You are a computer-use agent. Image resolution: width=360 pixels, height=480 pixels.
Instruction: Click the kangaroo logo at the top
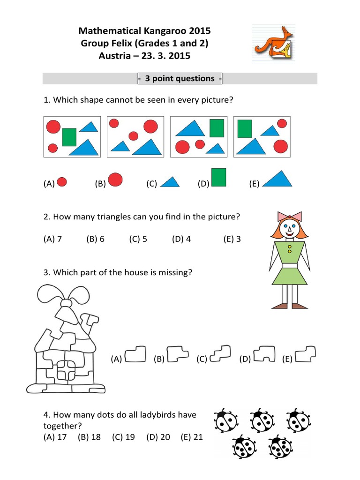pyautogui.click(x=272, y=44)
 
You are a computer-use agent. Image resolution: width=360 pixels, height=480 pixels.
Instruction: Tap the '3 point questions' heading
pyautogui.click(x=180, y=79)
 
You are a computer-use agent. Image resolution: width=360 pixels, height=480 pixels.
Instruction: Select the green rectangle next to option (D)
pyautogui.click(x=219, y=178)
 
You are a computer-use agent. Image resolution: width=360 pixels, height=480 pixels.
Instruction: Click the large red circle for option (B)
pyautogui.click(x=115, y=180)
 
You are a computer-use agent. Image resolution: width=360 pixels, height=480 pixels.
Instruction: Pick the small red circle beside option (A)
pyautogui.click(x=61, y=182)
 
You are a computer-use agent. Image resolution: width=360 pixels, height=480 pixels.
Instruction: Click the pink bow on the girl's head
pyautogui.click(x=290, y=216)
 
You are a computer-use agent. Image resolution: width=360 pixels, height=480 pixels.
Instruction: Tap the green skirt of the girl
pyautogui.click(x=289, y=276)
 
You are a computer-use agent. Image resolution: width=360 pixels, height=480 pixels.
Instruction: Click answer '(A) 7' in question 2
pyautogui.click(x=53, y=239)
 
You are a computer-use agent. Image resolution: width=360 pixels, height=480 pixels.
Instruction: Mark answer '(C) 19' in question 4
pyautogui.click(x=124, y=437)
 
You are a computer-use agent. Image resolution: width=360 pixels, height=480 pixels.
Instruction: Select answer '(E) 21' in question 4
pyautogui.click(x=192, y=437)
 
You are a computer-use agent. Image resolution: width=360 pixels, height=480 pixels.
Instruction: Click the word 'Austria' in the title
pyautogui.click(x=114, y=56)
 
